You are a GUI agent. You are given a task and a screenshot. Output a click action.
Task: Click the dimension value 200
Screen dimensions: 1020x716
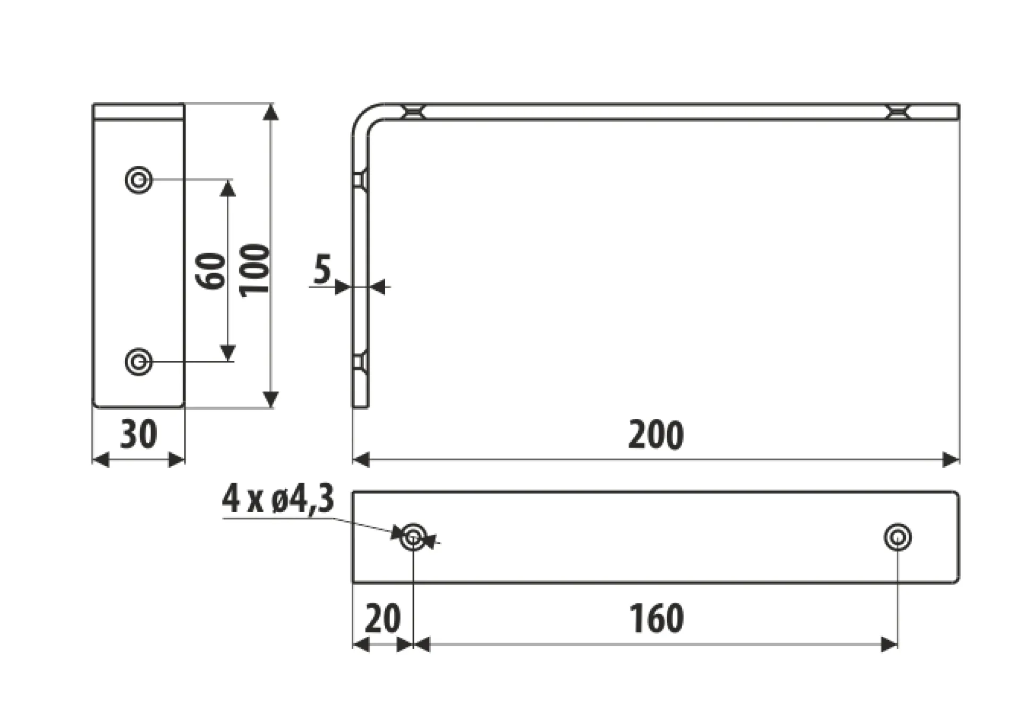point(656,435)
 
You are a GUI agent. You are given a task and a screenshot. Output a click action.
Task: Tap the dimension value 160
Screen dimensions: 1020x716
point(657,619)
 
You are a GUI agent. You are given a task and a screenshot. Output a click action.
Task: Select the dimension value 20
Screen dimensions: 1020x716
point(382,619)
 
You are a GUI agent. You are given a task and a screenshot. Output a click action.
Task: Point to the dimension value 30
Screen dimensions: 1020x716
point(139,434)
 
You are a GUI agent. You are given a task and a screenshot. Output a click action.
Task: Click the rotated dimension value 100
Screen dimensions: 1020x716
point(254,271)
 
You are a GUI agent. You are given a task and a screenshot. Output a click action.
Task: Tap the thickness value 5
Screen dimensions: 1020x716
point(322,269)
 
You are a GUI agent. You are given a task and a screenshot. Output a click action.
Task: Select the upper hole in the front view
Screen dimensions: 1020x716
point(139,180)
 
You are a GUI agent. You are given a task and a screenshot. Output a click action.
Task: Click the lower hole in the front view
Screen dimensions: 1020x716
point(139,362)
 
